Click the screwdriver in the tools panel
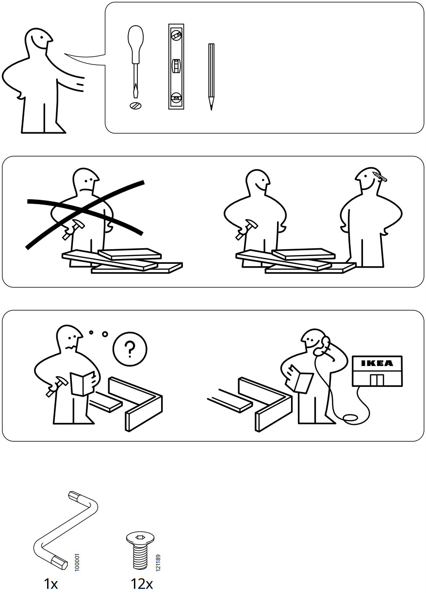[x=136, y=62]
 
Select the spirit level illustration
[x=176, y=66]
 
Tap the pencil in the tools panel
[x=211, y=77]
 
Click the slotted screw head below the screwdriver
[x=136, y=106]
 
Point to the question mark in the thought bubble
[x=130, y=349]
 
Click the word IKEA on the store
[x=377, y=363]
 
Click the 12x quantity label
[x=142, y=583]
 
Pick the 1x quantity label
[x=51, y=583]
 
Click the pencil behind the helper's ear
[x=380, y=176]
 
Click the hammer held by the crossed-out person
[x=73, y=229]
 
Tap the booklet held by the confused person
[x=82, y=383]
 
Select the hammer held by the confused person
[x=56, y=386]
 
